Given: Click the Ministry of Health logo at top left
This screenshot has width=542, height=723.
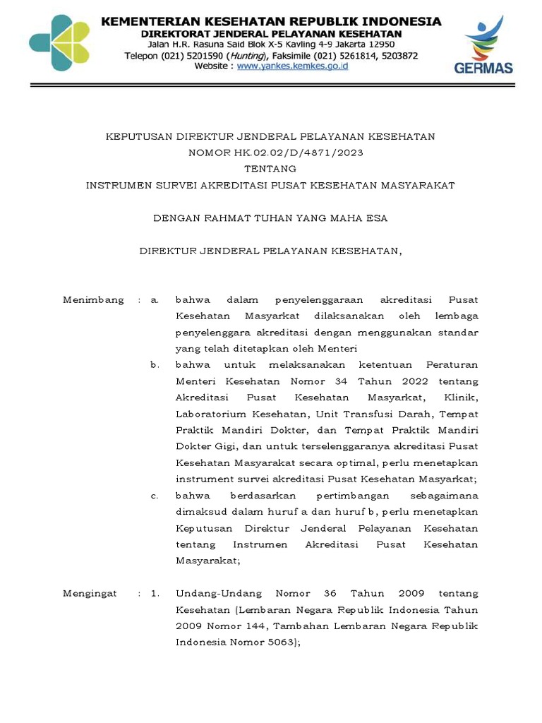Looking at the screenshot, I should click(x=59, y=42).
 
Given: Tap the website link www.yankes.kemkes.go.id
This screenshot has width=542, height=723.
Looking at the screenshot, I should click(x=292, y=66).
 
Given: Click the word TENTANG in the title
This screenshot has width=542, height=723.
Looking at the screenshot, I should click(x=270, y=169).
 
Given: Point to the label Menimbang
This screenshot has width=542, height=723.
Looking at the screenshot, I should click(x=92, y=299).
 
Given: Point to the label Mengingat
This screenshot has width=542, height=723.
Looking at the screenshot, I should click(x=90, y=594).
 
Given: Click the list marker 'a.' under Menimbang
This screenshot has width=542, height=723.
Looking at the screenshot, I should click(x=155, y=299).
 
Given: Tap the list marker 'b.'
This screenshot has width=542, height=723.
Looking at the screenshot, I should click(x=155, y=364).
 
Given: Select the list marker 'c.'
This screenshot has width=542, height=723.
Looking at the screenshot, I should click(x=155, y=496).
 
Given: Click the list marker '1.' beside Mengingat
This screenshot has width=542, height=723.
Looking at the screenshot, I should click(x=155, y=594).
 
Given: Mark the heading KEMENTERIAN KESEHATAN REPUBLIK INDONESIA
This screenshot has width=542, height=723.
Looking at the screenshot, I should click(x=271, y=22).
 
